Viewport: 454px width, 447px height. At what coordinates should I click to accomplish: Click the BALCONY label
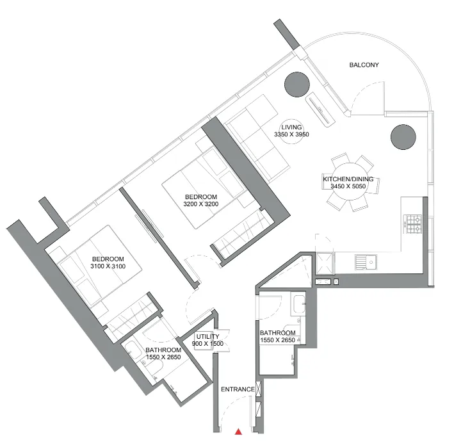tap(364, 65)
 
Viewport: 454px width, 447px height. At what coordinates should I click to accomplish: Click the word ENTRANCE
tap(238, 389)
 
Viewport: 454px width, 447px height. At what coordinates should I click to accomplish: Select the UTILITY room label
tap(207, 337)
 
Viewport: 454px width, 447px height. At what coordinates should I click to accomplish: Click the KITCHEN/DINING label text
tap(348, 180)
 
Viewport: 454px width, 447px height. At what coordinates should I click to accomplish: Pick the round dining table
tap(348, 182)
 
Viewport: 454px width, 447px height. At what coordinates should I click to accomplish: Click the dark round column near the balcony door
tap(296, 83)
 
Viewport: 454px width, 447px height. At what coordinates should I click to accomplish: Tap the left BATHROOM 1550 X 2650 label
tap(165, 354)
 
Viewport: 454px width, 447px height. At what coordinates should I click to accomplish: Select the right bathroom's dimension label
tap(277, 341)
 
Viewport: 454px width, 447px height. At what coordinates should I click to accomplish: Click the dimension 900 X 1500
tap(207, 344)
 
